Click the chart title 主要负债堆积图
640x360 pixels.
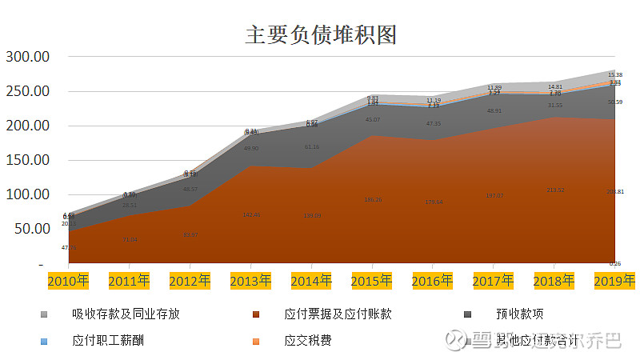pos(321,34)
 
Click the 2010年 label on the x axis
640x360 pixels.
pos(68,281)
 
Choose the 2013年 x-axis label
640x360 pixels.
pos(250,281)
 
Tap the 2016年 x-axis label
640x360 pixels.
pos(433,281)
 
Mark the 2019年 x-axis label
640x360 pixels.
pos(614,281)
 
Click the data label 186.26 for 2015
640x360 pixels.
pos(373,200)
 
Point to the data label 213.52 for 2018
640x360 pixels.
pos(555,190)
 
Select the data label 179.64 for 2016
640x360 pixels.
pos(434,202)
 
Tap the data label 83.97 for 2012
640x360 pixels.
pos(190,234)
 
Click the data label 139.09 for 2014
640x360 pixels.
pos(312,215)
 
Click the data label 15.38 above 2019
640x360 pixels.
pos(615,74)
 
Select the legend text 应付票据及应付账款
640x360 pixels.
pos(338,314)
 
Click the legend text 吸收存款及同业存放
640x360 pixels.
pos(126,314)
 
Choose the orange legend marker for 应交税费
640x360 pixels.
pos(256,341)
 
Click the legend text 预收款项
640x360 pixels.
pos(520,314)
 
